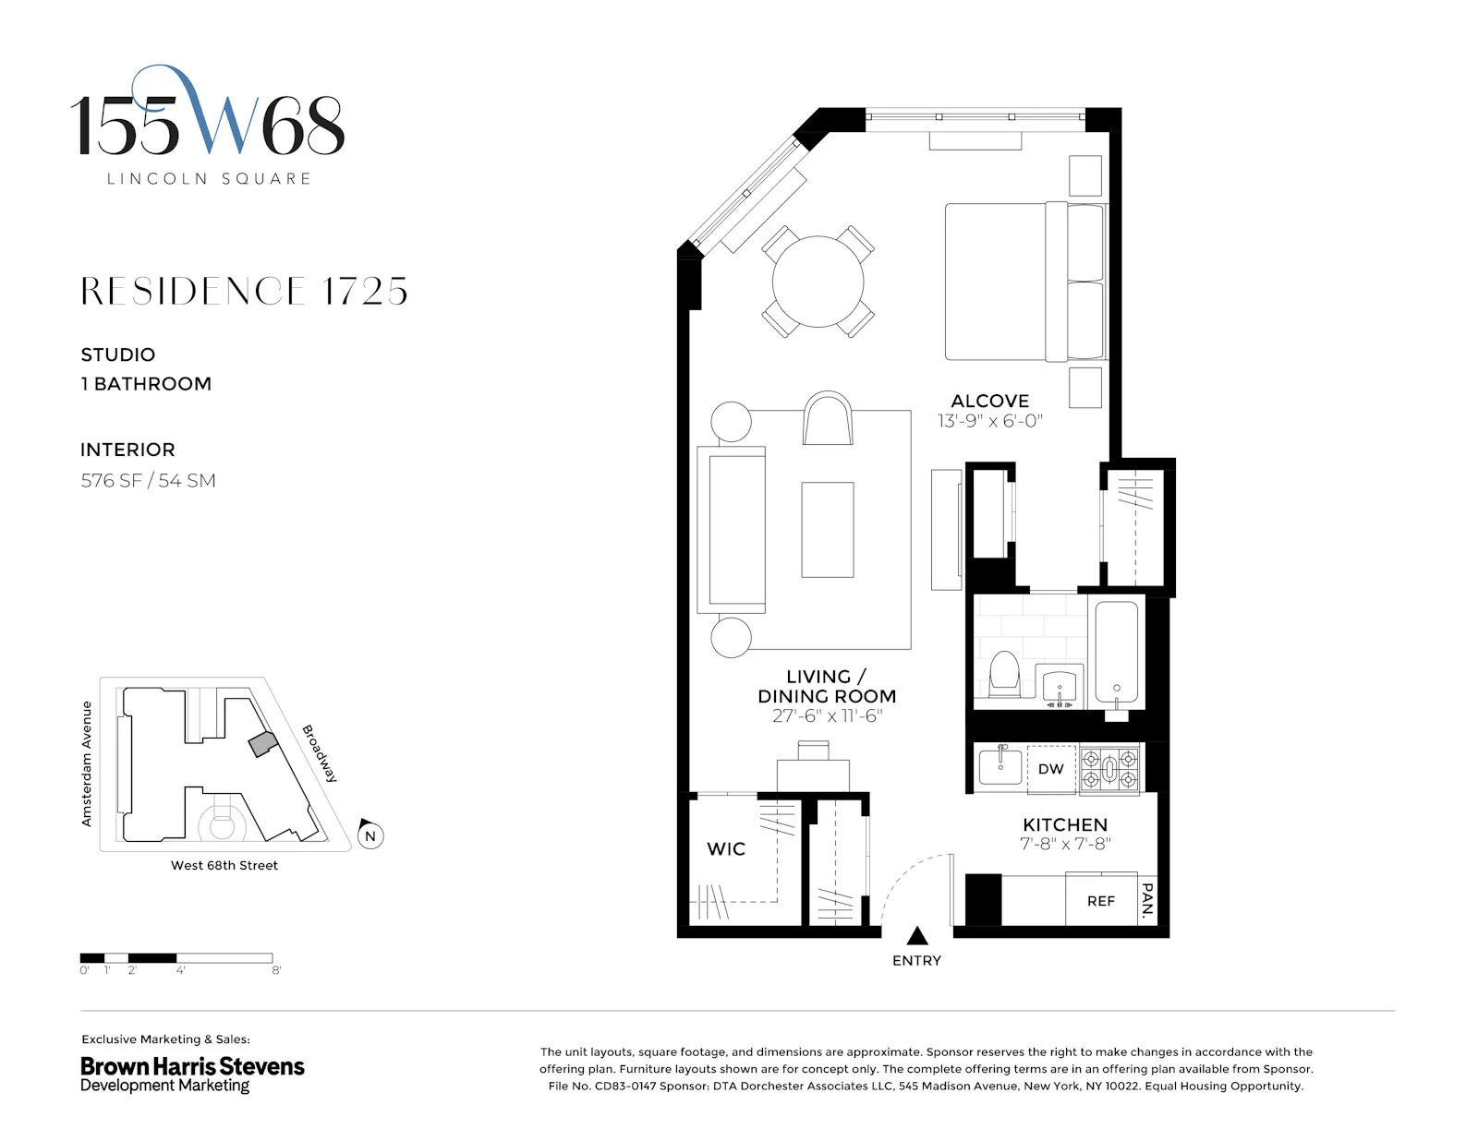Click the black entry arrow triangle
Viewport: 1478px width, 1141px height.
coord(916,936)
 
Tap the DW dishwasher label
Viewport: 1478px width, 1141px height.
coord(1050,769)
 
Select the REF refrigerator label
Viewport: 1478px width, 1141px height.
coord(1100,901)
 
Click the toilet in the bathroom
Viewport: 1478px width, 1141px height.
coord(1003,674)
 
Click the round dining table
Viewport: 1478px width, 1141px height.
coord(818,282)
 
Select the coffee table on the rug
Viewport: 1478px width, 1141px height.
coord(827,530)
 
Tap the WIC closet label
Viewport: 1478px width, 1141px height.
coord(725,849)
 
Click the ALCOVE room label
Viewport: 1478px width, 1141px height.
coord(989,401)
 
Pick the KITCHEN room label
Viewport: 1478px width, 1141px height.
coord(1064,824)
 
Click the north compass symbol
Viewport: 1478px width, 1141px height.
coord(369,835)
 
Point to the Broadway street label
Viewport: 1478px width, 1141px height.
coord(320,753)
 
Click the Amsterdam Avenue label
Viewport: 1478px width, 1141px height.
coord(87,763)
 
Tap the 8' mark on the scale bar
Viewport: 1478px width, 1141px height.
coord(275,970)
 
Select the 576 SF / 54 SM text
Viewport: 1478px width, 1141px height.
coord(148,480)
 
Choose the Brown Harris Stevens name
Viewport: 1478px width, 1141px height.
coord(192,1066)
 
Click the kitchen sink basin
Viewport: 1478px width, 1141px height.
coord(999,767)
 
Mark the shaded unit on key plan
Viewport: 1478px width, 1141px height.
coord(262,744)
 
